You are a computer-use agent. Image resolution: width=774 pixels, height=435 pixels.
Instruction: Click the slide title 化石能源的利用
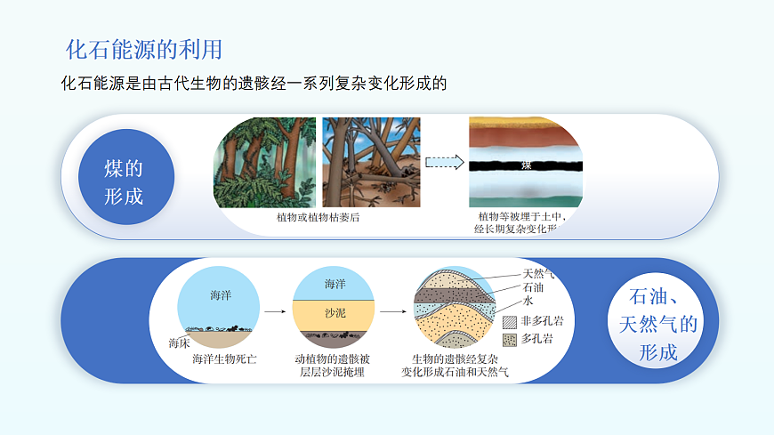pos(143,48)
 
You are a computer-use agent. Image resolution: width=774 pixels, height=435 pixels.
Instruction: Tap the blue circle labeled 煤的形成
pos(124,182)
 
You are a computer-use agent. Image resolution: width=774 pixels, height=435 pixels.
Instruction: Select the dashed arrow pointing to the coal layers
pos(445,162)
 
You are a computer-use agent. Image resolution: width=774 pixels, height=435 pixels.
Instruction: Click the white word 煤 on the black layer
pos(526,165)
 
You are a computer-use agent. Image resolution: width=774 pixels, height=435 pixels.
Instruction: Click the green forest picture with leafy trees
pos(264,162)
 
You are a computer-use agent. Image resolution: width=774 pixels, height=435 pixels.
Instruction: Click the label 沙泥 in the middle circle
pos(335,314)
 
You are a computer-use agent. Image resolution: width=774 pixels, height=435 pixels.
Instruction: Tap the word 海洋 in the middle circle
pos(335,284)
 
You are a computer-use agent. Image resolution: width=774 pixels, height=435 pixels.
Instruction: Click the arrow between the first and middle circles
pos(275,312)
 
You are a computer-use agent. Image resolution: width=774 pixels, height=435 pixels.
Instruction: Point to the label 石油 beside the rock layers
pos(533,287)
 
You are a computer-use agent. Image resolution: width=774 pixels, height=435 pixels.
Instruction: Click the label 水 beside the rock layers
pos(528,302)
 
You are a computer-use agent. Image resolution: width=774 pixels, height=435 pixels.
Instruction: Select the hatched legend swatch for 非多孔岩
pos(509,321)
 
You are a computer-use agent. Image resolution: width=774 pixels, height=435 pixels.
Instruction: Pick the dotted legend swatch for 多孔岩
pos(509,339)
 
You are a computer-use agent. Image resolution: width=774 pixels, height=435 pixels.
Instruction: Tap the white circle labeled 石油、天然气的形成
pos(658,324)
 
